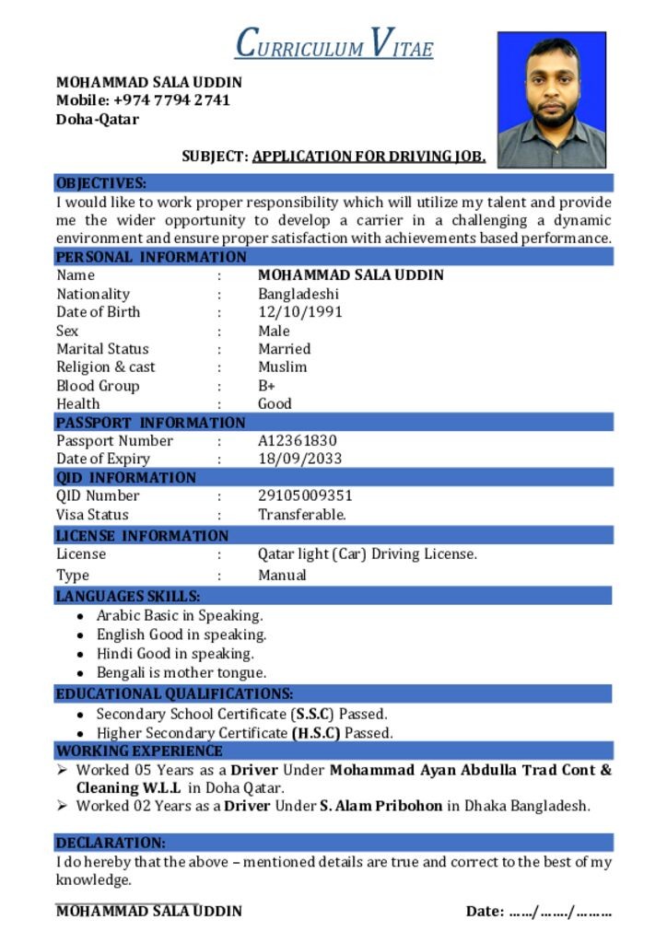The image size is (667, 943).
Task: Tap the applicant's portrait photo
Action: pos(551,99)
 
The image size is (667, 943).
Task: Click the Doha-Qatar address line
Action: pos(98,120)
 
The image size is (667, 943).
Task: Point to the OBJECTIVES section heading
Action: pos(101,183)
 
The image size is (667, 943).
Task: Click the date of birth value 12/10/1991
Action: pos(300,312)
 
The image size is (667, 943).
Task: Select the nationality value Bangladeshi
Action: pos(298,294)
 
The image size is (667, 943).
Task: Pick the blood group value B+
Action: pos(267,386)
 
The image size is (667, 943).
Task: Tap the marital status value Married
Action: pos(285,349)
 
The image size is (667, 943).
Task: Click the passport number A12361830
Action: pos(298,441)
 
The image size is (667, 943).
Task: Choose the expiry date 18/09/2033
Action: pos(300,460)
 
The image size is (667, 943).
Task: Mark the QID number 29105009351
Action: pos(305,495)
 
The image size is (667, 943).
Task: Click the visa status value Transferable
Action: pos(302,515)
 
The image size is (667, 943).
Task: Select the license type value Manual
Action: pos(282,576)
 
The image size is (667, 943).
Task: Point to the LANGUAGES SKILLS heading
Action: pos(127,597)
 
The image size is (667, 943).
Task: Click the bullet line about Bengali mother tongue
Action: pos(181,673)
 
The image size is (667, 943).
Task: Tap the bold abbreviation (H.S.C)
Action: pos(316,734)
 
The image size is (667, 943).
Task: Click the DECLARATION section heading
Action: pos(111,843)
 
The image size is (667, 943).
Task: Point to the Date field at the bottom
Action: pos(539,912)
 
